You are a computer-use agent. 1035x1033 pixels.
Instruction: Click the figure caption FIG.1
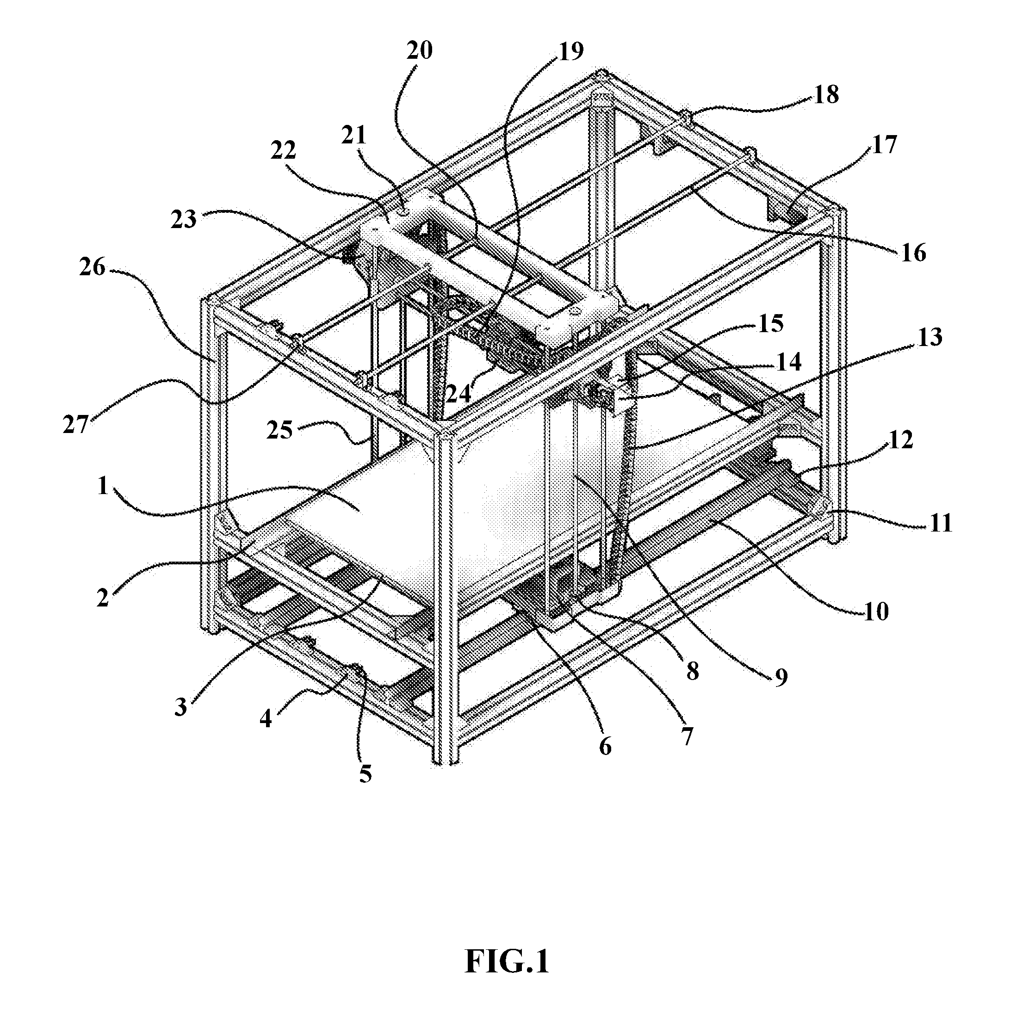coord(507,961)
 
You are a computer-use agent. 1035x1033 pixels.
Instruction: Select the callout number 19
coord(570,51)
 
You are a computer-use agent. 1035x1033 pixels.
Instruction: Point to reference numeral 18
coord(825,95)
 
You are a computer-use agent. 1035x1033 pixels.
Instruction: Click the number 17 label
coord(883,145)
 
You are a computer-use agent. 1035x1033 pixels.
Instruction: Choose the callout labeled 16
coord(913,253)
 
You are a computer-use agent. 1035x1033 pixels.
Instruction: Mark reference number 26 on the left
coord(93,266)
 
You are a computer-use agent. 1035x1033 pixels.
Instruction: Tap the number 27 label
coord(75,425)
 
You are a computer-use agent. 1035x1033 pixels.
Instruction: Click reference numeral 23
coord(184,220)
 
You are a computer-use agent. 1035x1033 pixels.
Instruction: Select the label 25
coord(279,429)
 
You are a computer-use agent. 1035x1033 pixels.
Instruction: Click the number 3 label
coord(181,707)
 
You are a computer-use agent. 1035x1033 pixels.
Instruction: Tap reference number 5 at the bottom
coord(366,774)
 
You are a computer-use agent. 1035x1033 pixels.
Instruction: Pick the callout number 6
coord(605,747)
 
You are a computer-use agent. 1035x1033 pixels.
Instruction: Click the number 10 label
coord(876,611)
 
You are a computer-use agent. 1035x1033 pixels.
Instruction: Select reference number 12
coord(900,440)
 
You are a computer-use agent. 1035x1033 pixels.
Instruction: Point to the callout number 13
coord(930,337)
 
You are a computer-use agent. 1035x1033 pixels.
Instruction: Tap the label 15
coord(770,323)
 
